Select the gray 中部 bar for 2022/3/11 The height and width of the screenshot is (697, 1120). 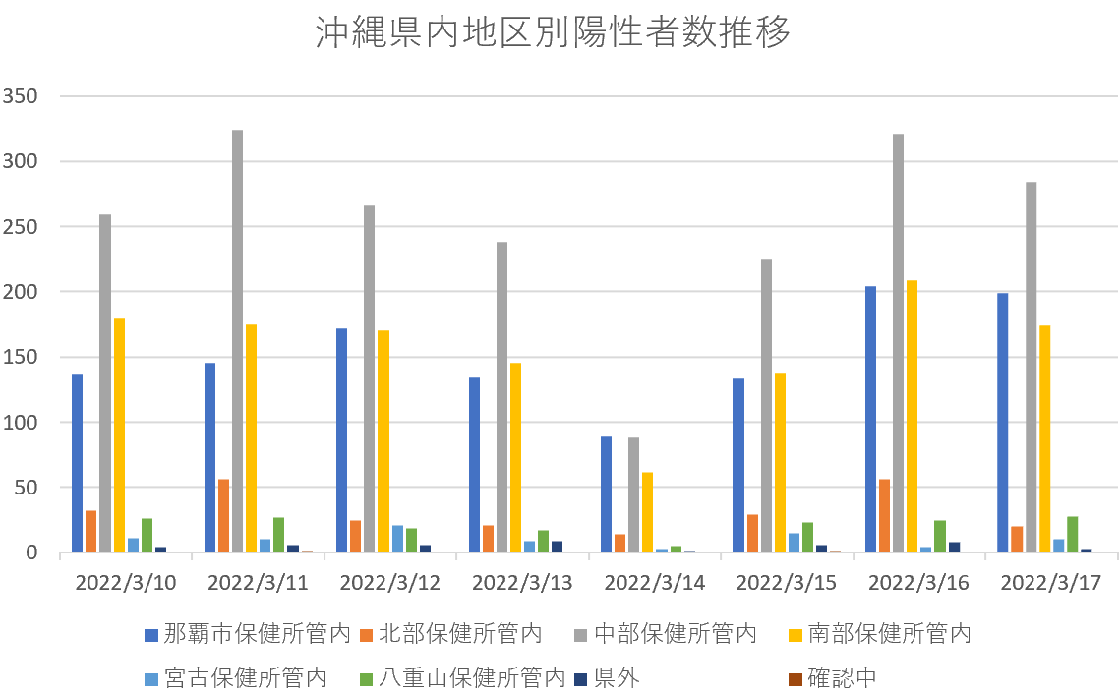(x=238, y=341)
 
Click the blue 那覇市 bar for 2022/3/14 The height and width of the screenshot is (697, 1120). (x=607, y=494)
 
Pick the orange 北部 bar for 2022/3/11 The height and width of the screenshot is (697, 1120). (x=224, y=515)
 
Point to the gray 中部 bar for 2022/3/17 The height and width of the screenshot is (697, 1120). (x=1031, y=367)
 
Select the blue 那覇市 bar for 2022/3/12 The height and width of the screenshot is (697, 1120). (x=341, y=440)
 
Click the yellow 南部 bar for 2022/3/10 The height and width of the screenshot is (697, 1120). (x=119, y=435)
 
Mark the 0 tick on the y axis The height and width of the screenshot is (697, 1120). (x=32, y=552)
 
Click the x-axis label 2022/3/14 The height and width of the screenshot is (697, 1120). (x=654, y=582)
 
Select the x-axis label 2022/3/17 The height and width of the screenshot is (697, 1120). (x=1050, y=582)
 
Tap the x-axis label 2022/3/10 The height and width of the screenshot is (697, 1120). (x=126, y=582)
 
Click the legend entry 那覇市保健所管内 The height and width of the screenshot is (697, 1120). (x=248, y=634)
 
